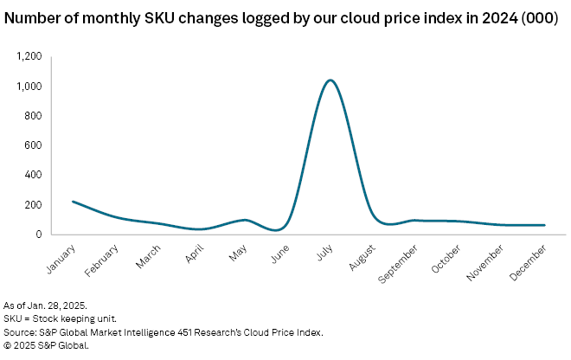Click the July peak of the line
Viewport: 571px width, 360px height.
point(330,80)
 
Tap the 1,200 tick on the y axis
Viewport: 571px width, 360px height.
point(29,56)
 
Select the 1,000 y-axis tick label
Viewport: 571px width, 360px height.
point(29,87)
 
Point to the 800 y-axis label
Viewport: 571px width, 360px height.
point(34,116)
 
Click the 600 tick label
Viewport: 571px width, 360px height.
point(34,145)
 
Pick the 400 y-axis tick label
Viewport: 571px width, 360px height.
point(34,175)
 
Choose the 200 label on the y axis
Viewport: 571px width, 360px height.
point(34,205)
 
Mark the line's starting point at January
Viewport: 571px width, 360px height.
point(73,202)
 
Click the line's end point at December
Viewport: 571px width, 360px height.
point(544,225)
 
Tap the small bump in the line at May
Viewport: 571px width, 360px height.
point(246,220)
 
